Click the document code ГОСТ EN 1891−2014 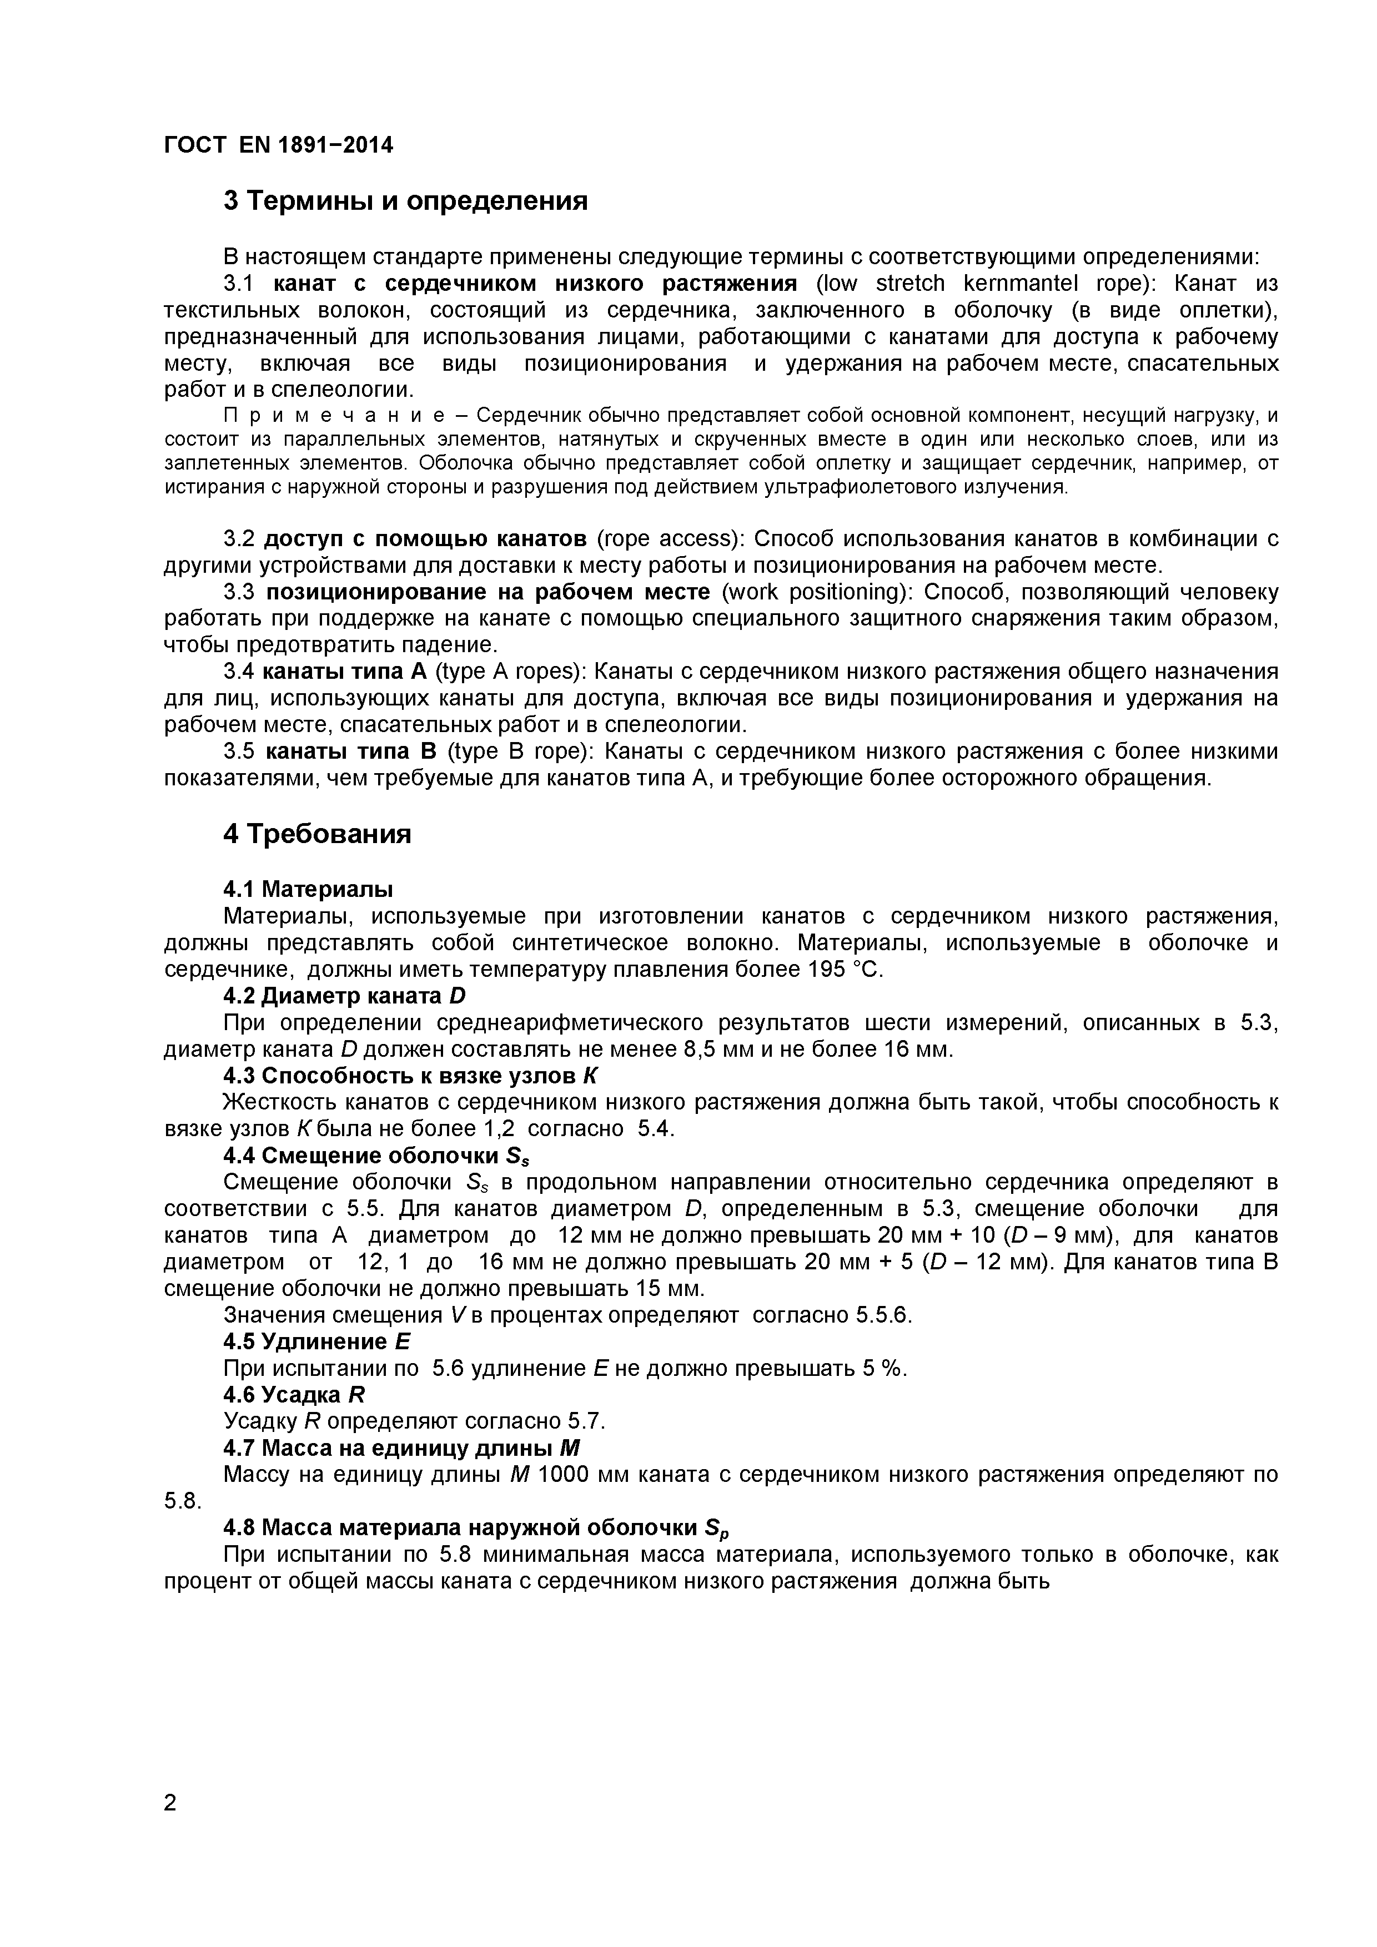coord(278,145)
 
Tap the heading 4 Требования coord(317,834)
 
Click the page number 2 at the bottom coord(170,1826)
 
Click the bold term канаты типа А coord(344,672)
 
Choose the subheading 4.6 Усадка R coord(294,1394)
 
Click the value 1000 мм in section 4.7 coord(581,1474)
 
